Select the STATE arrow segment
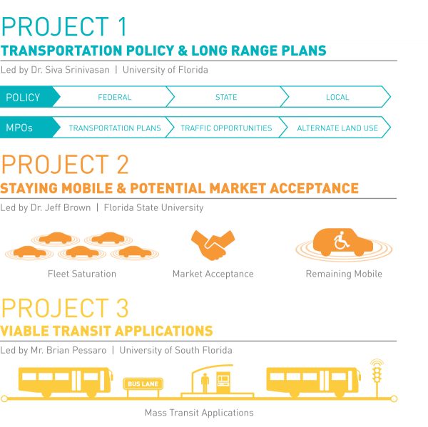coord(227,97)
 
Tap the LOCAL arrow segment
coord(337,97)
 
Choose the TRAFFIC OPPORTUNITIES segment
coord(226,128)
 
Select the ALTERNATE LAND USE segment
coord(337,128)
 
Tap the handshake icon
coord(213,245)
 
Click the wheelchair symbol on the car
coord(341,240)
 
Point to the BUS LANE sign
coord(143,384)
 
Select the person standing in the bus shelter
coord(205,383)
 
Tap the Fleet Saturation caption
coord(82,274)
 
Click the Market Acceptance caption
coord(213,274)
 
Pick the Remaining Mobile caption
coord(344,274)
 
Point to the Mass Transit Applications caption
coord(199,413)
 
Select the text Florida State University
coord(153,207)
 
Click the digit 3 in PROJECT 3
coord(122,308)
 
